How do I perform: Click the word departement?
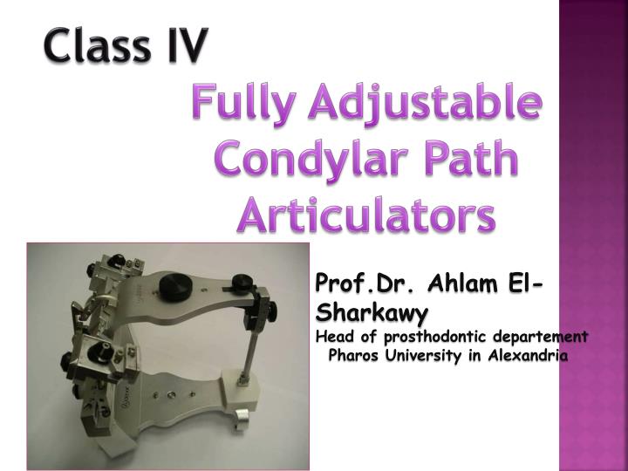click(x=540, y=336)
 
